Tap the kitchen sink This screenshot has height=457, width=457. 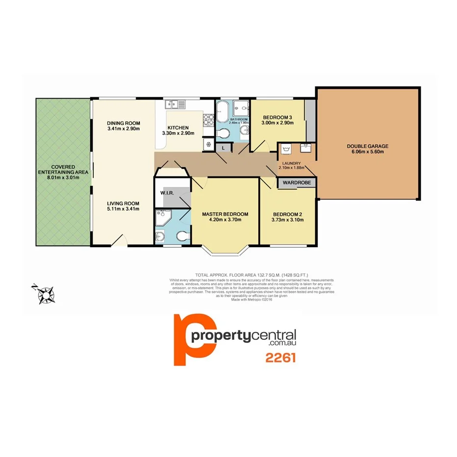pyautogui.click(x=175, y=104)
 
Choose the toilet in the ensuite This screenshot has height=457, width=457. pyautogui.click(x=182, y=237)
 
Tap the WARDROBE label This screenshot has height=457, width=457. pyautogui.click(x=296, y=183)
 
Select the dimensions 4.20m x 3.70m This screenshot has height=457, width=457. pyautogui.click(x=225, y=220)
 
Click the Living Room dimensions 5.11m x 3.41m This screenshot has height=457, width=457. pyautogui.click(x=124, y=209)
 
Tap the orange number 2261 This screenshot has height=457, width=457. pyautogui.click(x=280, y=358)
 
